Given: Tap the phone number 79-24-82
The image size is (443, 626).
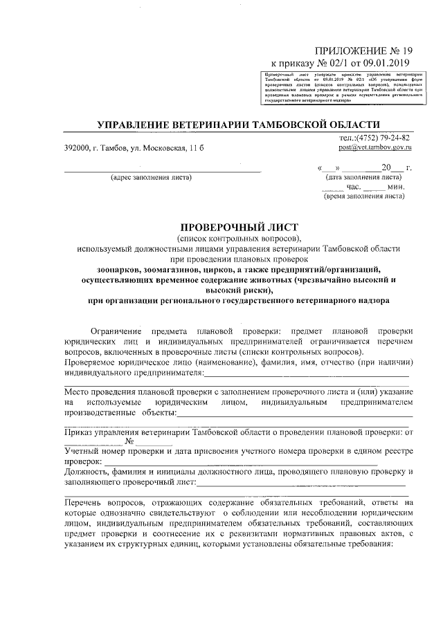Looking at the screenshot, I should point(393,138).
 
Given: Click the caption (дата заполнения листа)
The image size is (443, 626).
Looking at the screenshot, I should point(364,177).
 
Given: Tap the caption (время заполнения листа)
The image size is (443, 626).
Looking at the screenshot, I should point(364,196).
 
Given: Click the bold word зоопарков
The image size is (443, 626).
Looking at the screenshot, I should point(120,269).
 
